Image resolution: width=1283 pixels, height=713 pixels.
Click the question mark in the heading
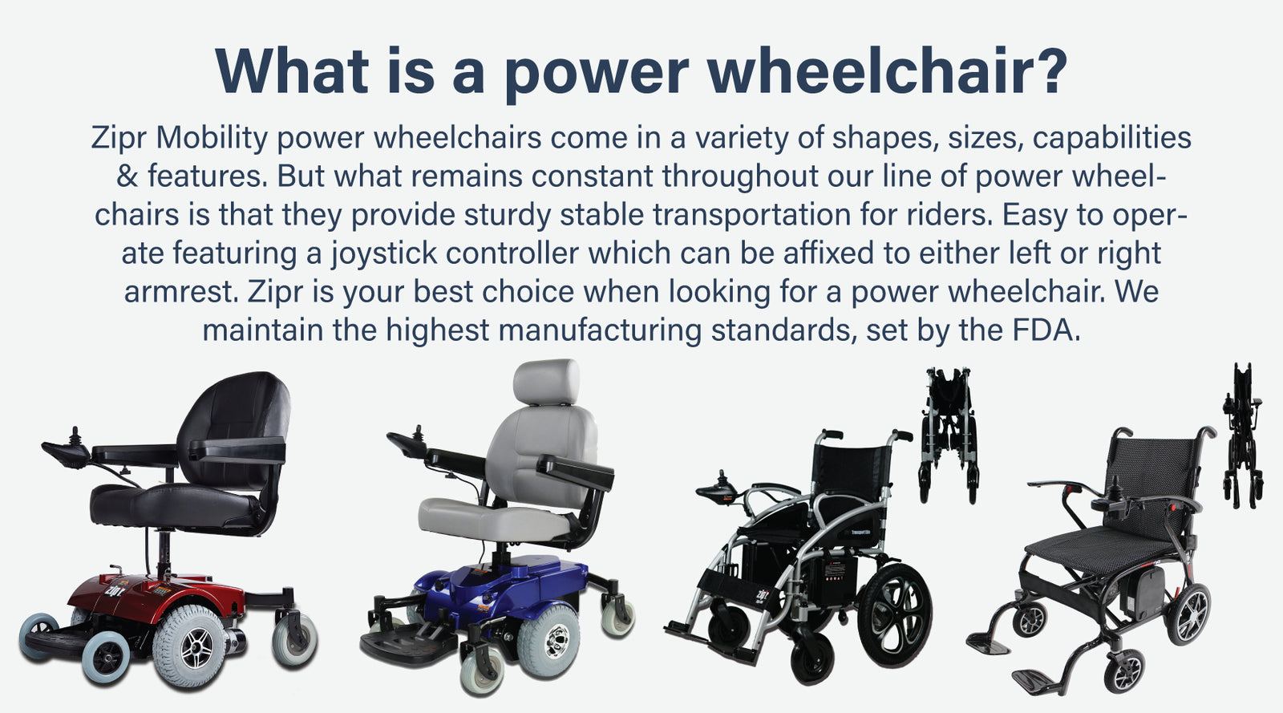[1046, 71]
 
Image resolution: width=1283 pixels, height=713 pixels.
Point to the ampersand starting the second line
[127, 176]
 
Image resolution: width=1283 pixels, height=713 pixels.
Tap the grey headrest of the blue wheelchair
[546, 382]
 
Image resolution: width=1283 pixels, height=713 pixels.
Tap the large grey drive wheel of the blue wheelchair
[548, 641]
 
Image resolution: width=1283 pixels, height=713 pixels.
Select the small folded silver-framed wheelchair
[949, 435]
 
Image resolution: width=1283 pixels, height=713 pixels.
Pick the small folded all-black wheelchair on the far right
[1242, 435]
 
